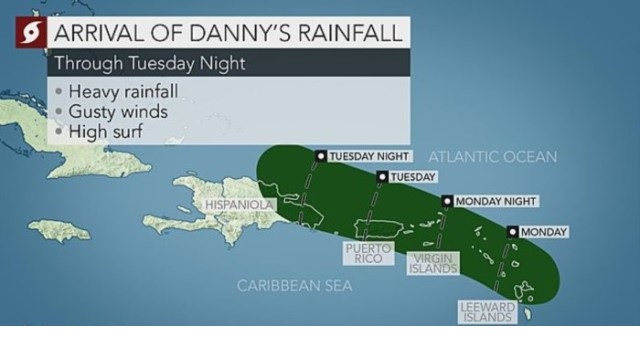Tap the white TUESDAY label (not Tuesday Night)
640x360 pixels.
click(x=413, y=177)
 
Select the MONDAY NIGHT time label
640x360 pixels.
click(x=495, y=202)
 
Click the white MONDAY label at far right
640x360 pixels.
click(x=544, y=232)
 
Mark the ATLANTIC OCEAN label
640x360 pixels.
click(x=492, y=157)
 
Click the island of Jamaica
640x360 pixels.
click(x=63, y=231)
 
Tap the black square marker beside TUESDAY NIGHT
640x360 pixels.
click(x=320, y=156)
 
